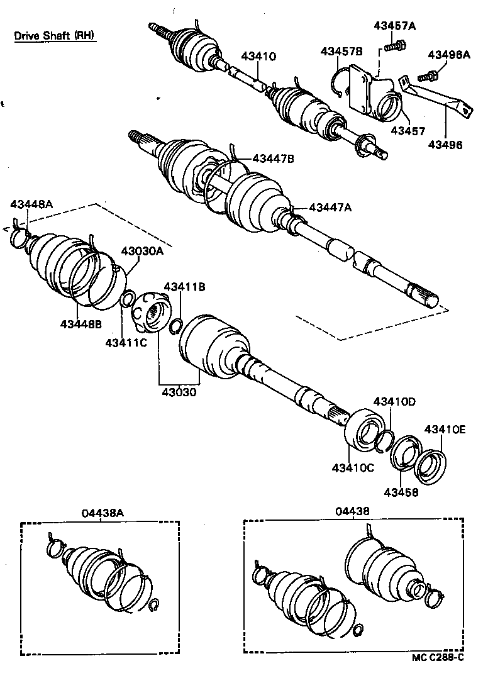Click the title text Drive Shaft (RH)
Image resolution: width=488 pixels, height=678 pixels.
point(55,36)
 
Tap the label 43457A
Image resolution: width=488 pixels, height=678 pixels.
point(394,26)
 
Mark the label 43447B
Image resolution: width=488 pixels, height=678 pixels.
point(273,160)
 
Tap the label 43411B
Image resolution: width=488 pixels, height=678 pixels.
point(185,287)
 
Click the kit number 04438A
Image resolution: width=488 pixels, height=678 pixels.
point(103,513)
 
